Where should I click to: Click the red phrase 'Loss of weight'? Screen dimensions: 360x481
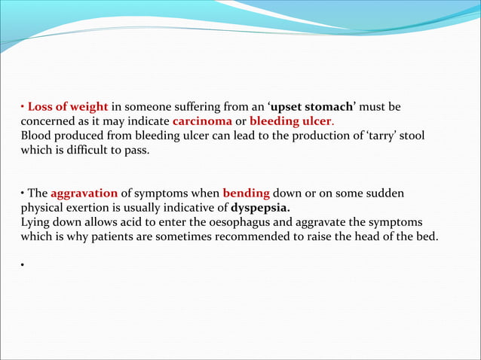[68, 105]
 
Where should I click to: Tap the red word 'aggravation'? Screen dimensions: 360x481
[84, 194]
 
